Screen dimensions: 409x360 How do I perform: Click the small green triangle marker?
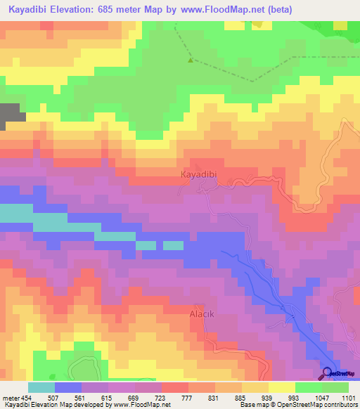tap(190, 60)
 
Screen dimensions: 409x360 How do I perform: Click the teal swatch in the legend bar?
tap(41, 387)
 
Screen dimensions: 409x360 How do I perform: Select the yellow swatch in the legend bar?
tap(281, 387)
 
